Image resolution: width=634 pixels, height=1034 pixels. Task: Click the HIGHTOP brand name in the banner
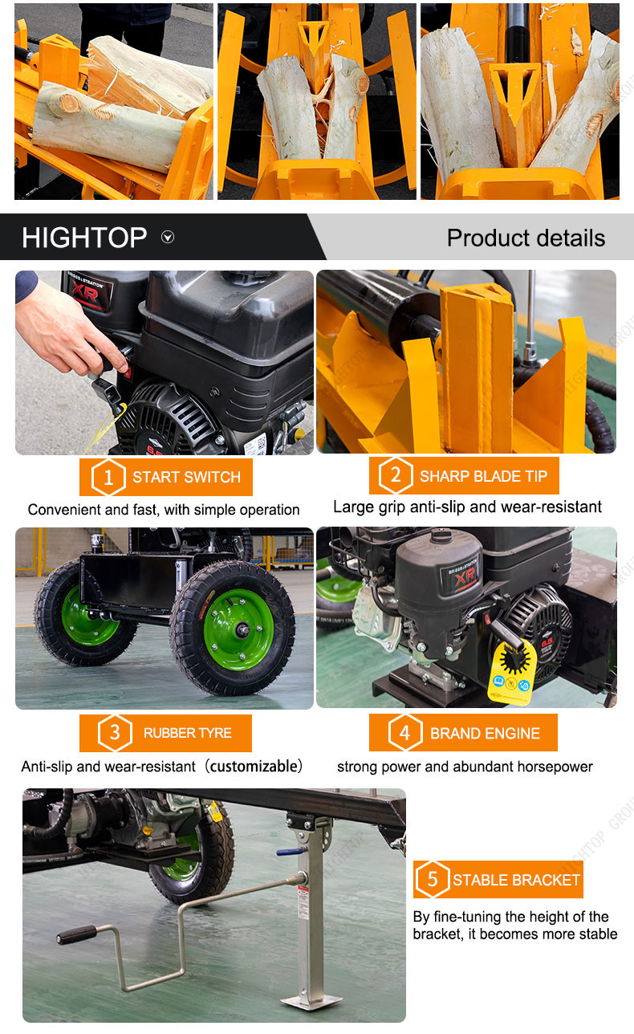pyautogui.click(x=84, y=238)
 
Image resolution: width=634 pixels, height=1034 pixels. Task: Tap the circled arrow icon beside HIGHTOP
pyautogui.click(x=168, y=238)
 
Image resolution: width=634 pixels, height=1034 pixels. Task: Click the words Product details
pyautogui.click(x=526, y=238)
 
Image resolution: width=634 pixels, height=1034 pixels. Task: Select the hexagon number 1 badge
pyautogui.click(x=108, y=478)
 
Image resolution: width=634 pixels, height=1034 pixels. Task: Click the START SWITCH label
pyautogui.click(x=186, y=477)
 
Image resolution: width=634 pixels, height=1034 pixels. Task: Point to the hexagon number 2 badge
pyautogui.click(x=396, y=475)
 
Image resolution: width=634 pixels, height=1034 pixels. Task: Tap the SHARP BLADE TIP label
pyautogui.click(x=484, y=476)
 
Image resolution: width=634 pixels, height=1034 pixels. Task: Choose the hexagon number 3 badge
pyautogui.click(x=115, y=733)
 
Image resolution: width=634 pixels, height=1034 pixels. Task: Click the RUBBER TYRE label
pyautogui.click(x=187, y=733)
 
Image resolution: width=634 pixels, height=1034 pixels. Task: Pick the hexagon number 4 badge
pyautogui.click(x=404, y=733)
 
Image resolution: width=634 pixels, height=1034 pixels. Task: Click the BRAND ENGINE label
pyautogui.click(x=485, y=733)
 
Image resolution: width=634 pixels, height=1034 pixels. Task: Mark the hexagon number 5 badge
pyautogui.click(x=433, y=879)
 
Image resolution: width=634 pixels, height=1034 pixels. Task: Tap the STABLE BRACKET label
pyautogui.click(x=516, y=880)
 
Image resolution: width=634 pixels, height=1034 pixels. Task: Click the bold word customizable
pyautogui.click(x=254, y=766)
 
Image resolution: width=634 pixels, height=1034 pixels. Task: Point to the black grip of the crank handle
pyautogui.click(x=76, y=934)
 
